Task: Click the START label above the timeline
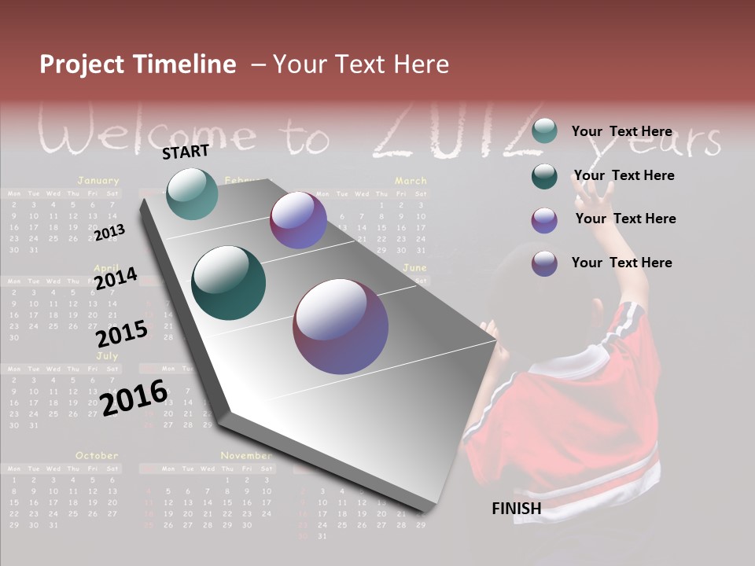[186, 152]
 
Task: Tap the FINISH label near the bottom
[517, 509]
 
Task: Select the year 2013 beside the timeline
[109, 233]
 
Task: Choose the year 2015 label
[122, 334]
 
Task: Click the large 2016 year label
[134, 398]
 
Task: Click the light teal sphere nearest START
[192, 193]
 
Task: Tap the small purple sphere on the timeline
[298, 220]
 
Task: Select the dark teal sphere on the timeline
[229, 283]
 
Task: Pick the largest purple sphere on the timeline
[341, 326]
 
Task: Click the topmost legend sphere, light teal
[544, 131]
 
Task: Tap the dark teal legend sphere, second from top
[544, 176]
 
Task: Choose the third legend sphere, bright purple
[544, 220]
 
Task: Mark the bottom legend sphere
[544, 263]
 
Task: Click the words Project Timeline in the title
[138, 64]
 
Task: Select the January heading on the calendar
[98, 180]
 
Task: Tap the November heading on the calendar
[246, 455]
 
